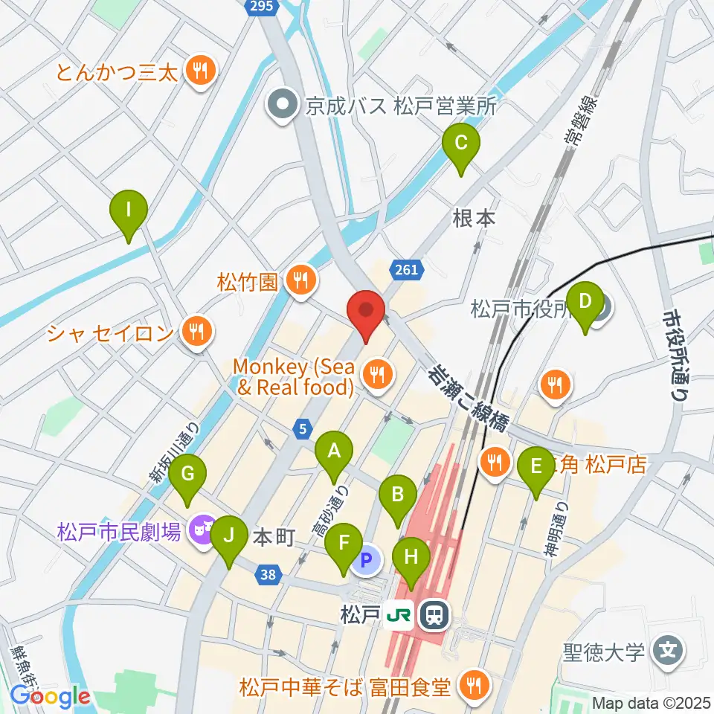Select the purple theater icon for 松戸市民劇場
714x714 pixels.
(x=199, y=531)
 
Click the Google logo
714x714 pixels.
(x=50, y=697)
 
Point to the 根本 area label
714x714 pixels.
(x=474, y=219)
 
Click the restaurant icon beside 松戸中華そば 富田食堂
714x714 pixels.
(x=472, y=685)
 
